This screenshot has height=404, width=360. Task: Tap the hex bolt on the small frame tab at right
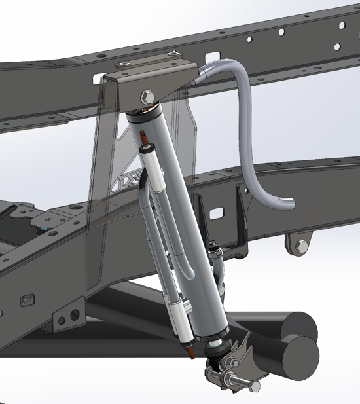tap(301, 246)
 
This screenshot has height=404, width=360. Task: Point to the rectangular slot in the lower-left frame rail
tap(27, 300)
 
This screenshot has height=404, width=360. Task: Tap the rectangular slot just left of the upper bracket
tap(97, 79)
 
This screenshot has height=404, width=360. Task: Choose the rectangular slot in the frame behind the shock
tap(218, 214)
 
